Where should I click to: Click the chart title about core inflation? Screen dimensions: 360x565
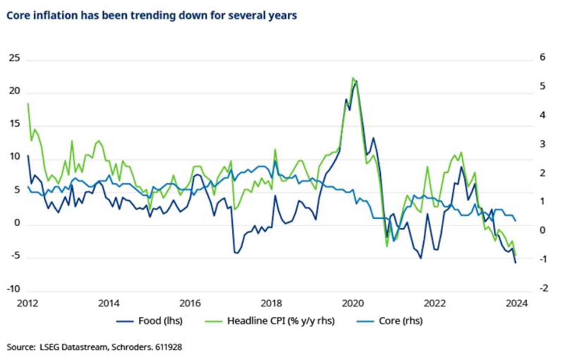152,16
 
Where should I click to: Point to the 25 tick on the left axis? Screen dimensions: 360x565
14,58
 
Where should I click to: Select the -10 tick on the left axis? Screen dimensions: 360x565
13,289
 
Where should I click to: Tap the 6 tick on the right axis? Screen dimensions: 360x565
542,57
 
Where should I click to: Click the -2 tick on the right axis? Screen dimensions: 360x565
543,288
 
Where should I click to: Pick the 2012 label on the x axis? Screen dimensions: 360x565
28,303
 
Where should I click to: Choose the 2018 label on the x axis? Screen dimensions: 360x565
271,303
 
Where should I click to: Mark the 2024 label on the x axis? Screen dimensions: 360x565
516,303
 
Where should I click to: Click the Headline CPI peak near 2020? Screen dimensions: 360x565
353,78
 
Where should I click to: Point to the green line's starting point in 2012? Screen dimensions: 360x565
28,103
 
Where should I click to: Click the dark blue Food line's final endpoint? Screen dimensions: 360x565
515,262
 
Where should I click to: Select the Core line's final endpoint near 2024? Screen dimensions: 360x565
515,221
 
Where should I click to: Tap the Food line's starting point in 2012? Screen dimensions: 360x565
28,155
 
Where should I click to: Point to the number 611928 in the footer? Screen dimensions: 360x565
169,347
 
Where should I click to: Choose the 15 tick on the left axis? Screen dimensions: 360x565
14,124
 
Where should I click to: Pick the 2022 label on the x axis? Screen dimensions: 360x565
434,303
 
